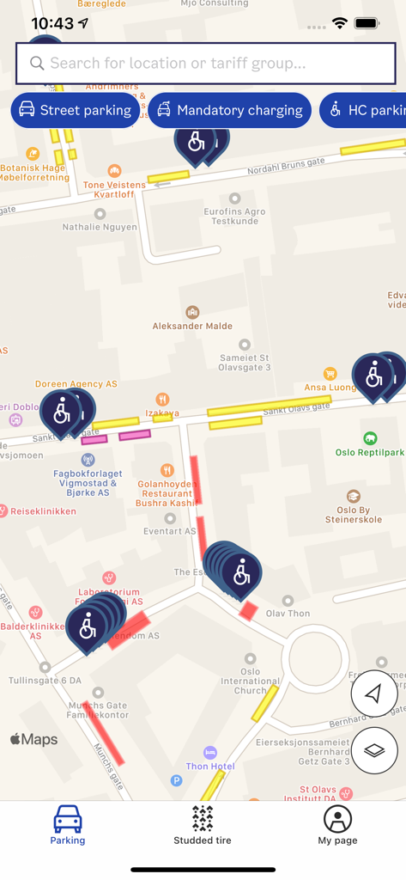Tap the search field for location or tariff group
[205, 64]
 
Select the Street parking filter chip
[75, 110]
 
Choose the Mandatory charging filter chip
[229, 110]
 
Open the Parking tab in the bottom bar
[68, 825]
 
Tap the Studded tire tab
[203, 825]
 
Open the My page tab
[337, 825]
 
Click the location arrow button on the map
[374, 694]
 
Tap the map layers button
[374, 750]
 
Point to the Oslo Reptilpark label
[369, 452]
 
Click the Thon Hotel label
[210, 766]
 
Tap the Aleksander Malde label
[192, 326]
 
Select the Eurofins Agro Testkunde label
[234, 216]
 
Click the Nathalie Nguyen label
[100, 227]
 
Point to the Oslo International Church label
[250, 681]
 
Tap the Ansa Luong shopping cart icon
[330, 373]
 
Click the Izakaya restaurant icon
[162, 399]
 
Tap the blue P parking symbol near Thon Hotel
[176, 780]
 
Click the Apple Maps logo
[34, 739]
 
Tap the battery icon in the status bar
[367, 23]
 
